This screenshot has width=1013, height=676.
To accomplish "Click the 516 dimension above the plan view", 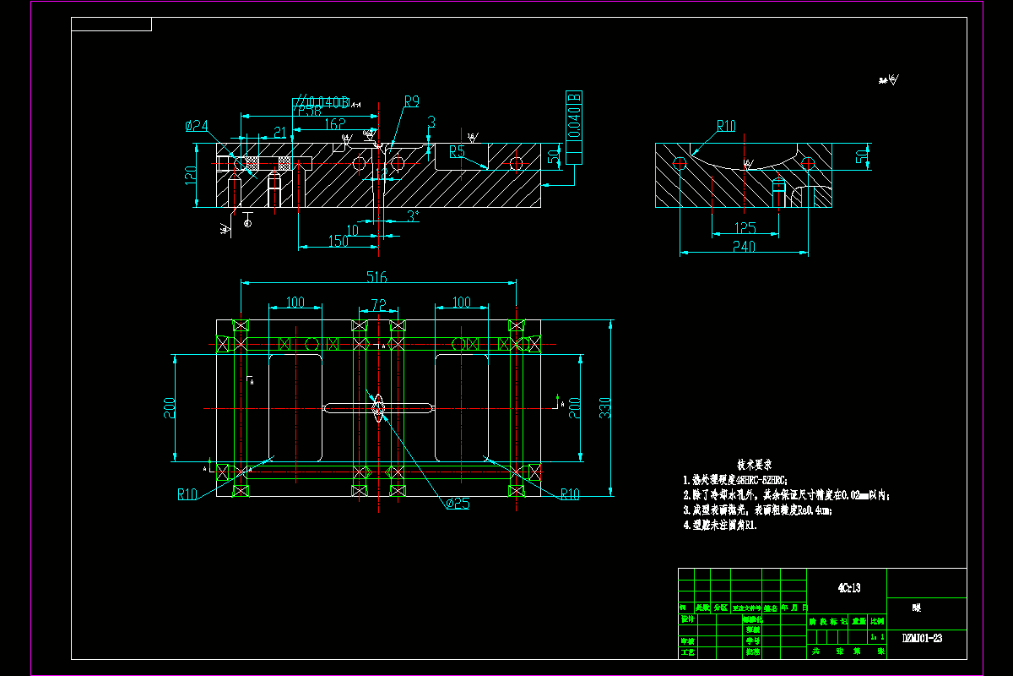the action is tap(376, 276).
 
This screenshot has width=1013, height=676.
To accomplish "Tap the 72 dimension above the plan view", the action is tap(378, 303).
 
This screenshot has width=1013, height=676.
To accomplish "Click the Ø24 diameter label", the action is tap(197, 126).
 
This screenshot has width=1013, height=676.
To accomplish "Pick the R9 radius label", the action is tap(411, 101).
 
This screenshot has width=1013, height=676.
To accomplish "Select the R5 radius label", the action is tap(457, 152).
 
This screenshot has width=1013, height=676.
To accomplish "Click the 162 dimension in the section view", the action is tap(334, 123).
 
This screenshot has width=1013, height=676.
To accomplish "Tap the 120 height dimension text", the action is tap(191, 175).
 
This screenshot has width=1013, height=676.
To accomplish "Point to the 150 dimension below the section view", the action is tap(338, 242).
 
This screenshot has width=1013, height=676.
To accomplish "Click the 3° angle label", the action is tap(412, 215).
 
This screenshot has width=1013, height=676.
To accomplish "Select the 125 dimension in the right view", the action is tap(745, 228).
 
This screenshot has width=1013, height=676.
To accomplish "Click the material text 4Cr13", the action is tap(848, 588).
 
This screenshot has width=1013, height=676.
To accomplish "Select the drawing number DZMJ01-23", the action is tap(922, 638).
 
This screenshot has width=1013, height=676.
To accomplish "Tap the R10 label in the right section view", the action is tap(726, 126).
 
